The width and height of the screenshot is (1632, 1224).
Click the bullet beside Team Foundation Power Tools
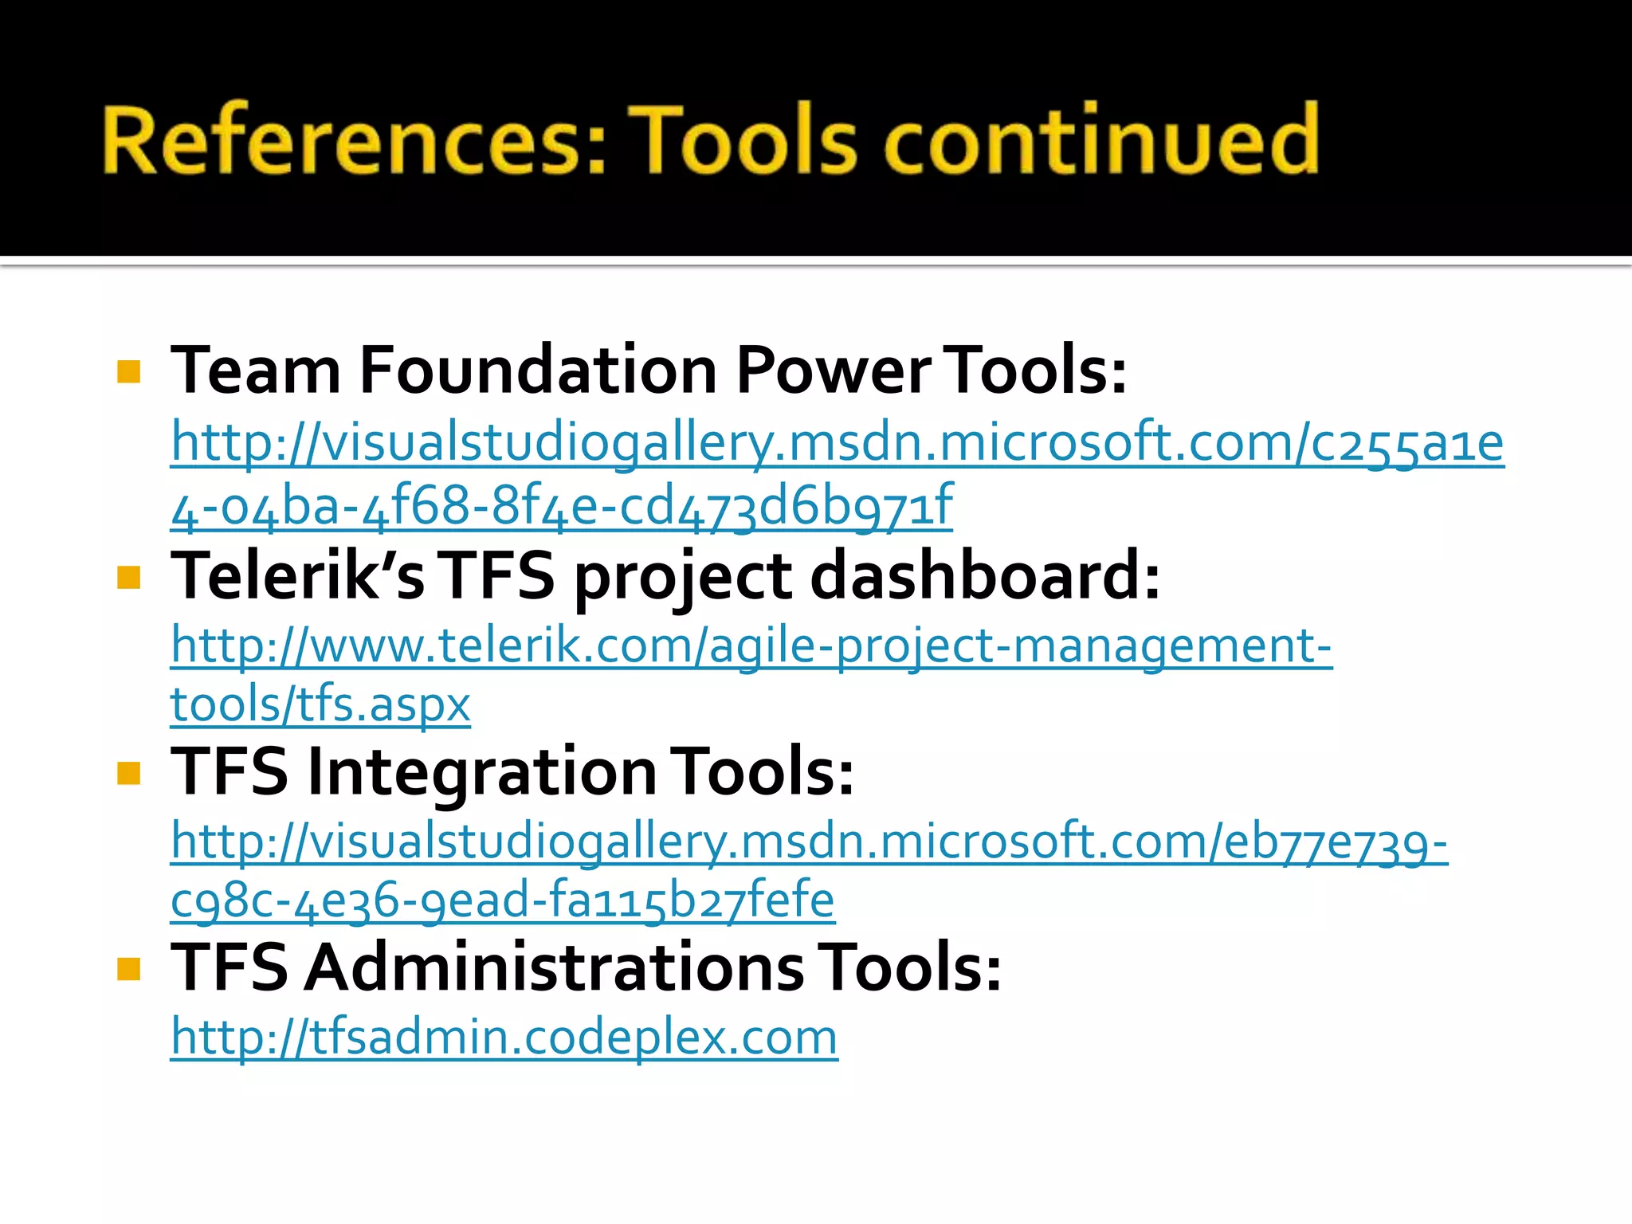(x=128, y=372)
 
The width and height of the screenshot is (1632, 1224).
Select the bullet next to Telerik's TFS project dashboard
(x=128, y=577)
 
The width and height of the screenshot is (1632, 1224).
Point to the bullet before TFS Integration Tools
(x=128, y=773)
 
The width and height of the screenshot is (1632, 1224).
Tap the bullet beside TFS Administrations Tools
(x=128, y=969)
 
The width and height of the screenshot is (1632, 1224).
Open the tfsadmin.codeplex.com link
(x=504, y=1038)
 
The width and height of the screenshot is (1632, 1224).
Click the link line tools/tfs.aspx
(x=320, y=704)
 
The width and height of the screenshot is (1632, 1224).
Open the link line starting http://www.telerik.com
(x=751, y=645)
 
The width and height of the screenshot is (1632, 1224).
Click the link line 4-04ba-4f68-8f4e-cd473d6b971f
(x=562, y=506)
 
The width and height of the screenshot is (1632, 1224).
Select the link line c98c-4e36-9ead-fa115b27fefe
(x=503, y=900)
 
